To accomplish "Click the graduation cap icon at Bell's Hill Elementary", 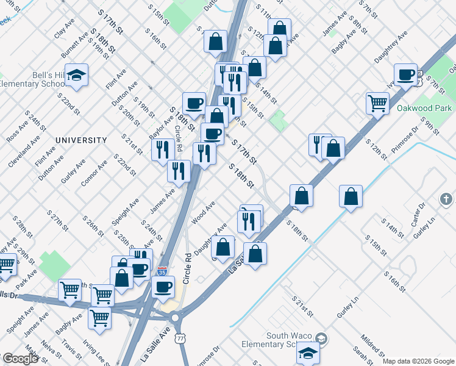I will coord(77,75).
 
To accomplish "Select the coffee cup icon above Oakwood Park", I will coord(405,75).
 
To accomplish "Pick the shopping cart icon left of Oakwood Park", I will coord(378,103).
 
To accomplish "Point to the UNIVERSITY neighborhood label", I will coord(81,140).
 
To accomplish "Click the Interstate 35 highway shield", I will coord(162,269).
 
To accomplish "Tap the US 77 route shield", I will coord(180,337).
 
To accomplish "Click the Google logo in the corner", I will coord(20,358).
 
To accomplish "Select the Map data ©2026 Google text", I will coord(418,361).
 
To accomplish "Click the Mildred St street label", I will coord(371,344).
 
